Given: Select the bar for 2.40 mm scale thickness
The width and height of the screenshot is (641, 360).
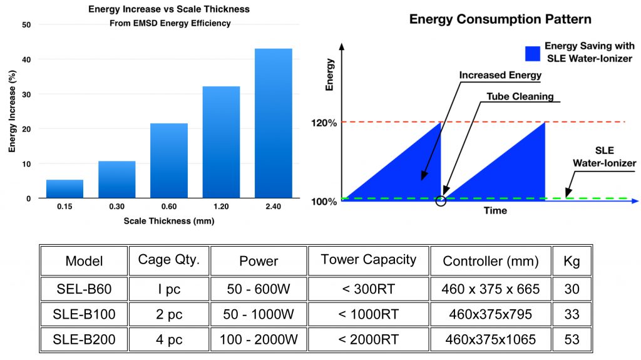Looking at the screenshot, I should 274,123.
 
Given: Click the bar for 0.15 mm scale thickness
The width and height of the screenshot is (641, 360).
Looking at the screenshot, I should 65,189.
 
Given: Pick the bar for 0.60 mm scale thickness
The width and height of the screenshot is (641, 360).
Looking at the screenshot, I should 169,161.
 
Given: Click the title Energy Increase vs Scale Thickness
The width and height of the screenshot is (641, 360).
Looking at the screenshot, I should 169,9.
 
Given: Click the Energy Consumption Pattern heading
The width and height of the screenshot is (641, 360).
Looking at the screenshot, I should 500,19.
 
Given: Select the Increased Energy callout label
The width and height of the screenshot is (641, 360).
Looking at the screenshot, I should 500,75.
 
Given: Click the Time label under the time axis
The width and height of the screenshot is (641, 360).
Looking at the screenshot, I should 495,211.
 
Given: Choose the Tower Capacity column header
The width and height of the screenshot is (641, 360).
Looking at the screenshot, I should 368,260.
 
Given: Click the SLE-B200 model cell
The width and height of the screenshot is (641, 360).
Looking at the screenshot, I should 85,339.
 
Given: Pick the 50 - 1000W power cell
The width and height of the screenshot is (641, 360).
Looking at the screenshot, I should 259,314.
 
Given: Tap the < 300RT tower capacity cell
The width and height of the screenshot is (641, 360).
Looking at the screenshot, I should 368,289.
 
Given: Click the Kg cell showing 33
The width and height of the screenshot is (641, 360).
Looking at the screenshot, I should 572,314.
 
